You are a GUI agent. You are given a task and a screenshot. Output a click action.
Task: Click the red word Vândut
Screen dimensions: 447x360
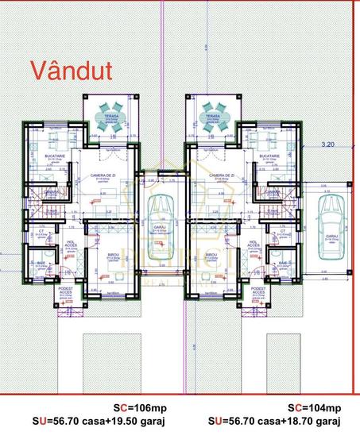pyautogui.click(x=72, y=69)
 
